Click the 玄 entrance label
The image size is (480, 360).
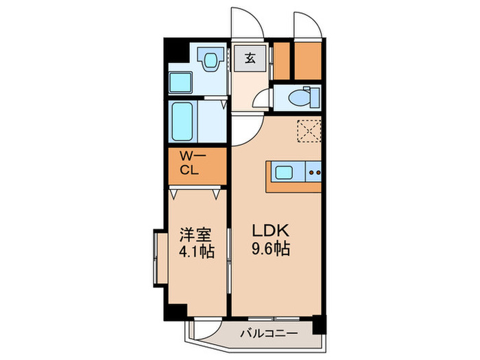pos(250,58)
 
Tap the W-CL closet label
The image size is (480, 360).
pos(193,163)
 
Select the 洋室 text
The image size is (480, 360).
pos(195,235)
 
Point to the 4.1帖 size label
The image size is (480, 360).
pos(196,252)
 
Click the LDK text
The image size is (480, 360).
pos(271,231)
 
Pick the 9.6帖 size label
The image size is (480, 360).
pos(271,248)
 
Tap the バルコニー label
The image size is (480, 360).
pos(269,333)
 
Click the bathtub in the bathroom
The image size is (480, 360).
pos(182,121)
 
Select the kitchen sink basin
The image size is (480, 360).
pos(284,172)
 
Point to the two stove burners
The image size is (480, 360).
pos(314,173)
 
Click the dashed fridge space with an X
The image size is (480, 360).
pos(309,131)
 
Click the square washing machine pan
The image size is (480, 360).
pos(180,83)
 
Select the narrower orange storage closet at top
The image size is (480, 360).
pos(281,61)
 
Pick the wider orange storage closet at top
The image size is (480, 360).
pos(308,61)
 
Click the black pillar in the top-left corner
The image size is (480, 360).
pos(176,50)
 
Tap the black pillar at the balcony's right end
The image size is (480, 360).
pos(319,325)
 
